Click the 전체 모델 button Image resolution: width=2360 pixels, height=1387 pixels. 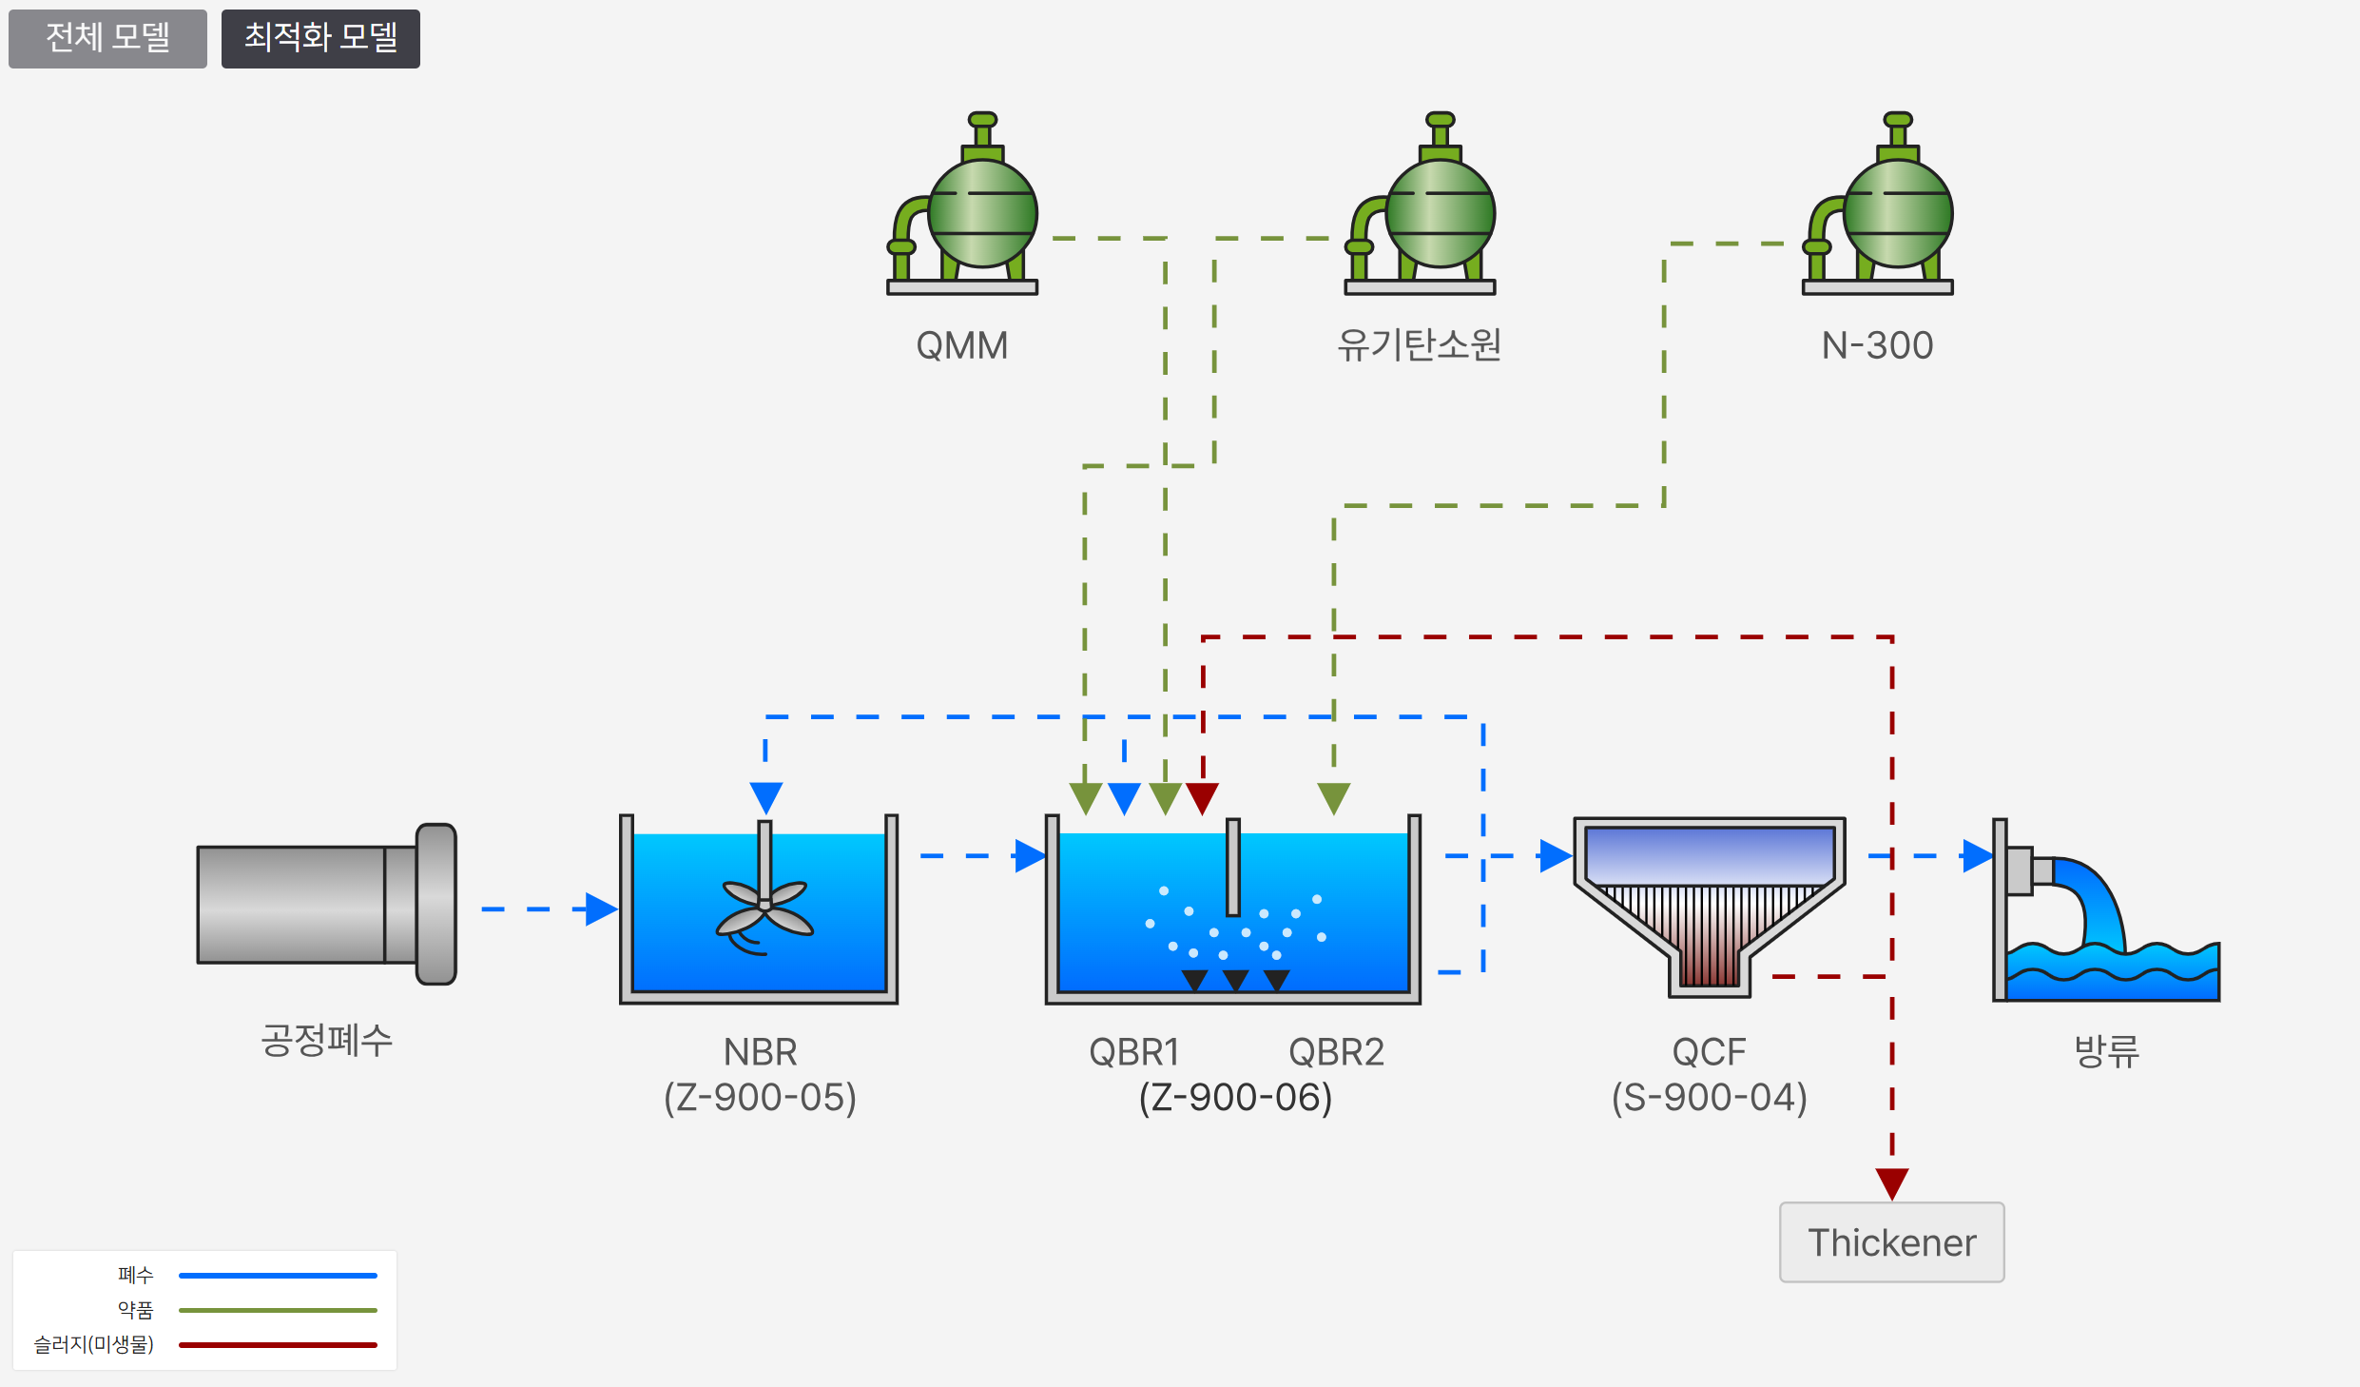[107, 38]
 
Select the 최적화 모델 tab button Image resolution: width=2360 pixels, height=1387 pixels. [320, 38]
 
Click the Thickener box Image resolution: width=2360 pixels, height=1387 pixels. [1891, 1242]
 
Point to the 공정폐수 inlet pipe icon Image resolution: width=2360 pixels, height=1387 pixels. [326, 904]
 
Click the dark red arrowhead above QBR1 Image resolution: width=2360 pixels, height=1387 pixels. [1203, 797]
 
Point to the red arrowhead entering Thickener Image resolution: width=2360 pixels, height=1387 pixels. [1891, 1183]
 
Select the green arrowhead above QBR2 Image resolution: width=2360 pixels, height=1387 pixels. [1333, 797]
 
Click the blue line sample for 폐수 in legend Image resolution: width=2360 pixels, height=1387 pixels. [278, 1275]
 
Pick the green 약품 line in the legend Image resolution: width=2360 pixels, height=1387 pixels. [278, 1310]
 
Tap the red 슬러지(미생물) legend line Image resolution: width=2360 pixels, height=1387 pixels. [278, 1344]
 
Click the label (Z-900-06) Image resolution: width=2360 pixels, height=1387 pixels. [1235, 1097]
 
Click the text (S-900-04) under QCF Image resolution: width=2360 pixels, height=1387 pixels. [1709, 1097]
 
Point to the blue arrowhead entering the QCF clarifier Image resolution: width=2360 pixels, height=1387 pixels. [1555, 855]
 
